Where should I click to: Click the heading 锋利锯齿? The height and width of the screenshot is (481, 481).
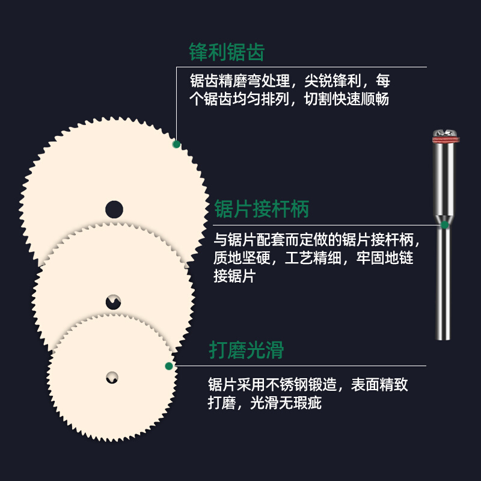[227, 52]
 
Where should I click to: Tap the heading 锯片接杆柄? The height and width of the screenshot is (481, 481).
[262, 209]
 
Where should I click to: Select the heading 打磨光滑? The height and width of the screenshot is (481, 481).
[247, 350]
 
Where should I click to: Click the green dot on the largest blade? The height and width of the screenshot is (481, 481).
[176, 144]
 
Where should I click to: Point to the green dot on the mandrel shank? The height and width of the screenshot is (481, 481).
[444, 225]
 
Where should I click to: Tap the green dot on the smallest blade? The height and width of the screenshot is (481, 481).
[169, 366]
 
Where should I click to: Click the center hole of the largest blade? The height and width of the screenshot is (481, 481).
[114, 209]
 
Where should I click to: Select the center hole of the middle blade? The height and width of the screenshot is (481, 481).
[114, 302]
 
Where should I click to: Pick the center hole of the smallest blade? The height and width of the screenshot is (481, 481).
[112, 378]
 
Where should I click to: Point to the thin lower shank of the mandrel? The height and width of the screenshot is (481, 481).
[444, 283]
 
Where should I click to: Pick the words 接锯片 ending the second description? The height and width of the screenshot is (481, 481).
[235, 277]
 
